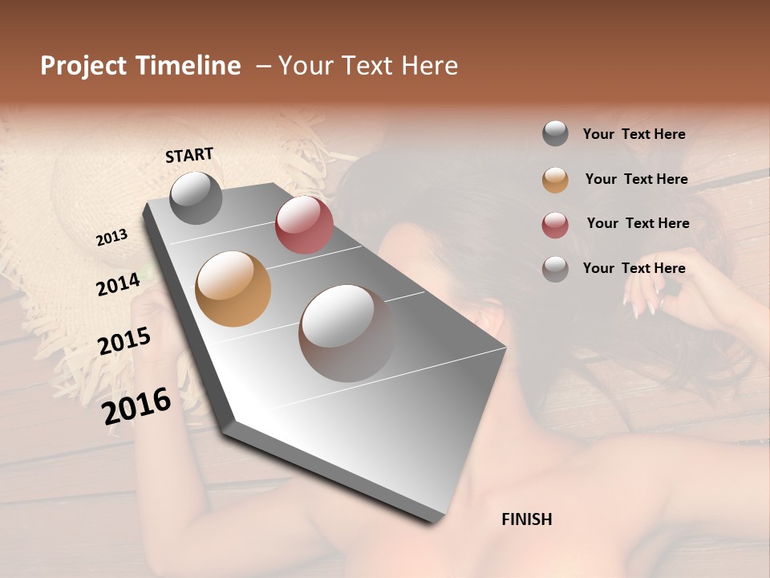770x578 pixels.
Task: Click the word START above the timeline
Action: [189, 155]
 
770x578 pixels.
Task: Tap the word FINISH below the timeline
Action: [526, 519]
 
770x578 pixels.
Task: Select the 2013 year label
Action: [112, 238]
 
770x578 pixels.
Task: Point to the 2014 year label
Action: [119, 284]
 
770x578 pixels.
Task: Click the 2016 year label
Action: [136, 405]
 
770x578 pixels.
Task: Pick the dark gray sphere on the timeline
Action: [196, 197]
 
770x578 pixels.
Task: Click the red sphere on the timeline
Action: [304, 225]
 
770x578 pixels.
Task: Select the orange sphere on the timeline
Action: [233, 289]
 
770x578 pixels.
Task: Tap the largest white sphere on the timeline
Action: [346, 332]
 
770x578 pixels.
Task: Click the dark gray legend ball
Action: [555, 134]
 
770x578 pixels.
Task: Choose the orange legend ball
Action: [555, 179]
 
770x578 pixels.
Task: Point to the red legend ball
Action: [555, 224]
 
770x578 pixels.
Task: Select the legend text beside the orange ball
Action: [636, 179]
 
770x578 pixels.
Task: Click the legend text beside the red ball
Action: [638, 223]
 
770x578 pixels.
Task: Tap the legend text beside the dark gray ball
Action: [634, 134]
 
